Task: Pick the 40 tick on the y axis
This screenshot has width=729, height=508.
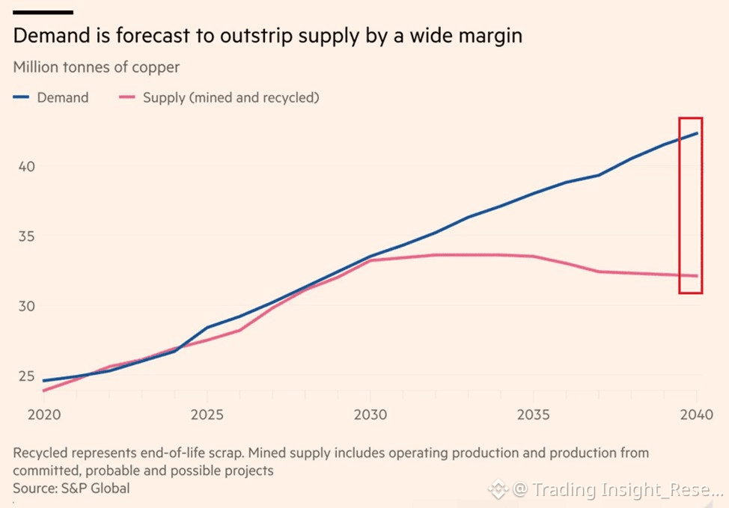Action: (25, 166)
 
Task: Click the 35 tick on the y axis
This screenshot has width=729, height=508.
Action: (25, 236)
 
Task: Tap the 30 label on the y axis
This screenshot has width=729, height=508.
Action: (25, 306)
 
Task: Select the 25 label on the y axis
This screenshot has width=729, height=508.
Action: (25, 376)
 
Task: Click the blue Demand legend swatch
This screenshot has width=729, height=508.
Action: (22, 97)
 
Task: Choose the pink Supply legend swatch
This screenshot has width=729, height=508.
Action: (129, 97)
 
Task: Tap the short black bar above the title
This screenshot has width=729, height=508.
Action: (43, 12)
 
